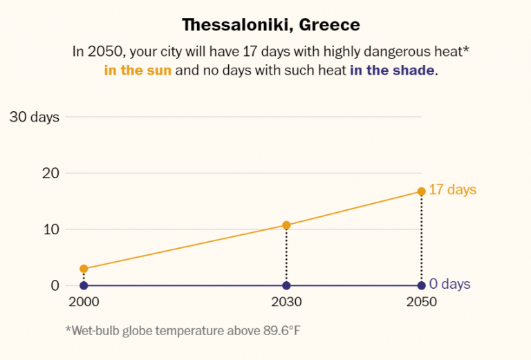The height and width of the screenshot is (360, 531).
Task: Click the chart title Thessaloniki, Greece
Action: coord(271,25)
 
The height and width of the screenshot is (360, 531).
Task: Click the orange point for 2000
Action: coord(84,269)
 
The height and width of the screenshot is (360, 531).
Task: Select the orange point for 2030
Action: coord(286,225)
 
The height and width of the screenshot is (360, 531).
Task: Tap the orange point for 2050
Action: coord(421,191)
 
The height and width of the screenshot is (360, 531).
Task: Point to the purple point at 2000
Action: coord(84,285)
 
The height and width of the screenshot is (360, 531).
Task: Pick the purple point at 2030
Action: coord(286,285)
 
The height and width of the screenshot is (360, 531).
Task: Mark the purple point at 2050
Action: coord(421,285)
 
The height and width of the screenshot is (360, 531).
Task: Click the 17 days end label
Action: coord(453,189)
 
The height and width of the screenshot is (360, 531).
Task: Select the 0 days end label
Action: coord(449,284)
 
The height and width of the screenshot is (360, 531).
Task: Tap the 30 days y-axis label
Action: coord(34,117)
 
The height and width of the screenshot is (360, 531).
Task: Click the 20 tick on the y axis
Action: coord(49,173)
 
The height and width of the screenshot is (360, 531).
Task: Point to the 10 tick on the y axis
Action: coord(49,229)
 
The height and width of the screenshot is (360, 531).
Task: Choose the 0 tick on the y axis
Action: coord(53,285)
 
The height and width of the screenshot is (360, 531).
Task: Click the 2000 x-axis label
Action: coord(83,303)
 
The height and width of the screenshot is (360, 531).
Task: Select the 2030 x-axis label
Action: coord(286,303)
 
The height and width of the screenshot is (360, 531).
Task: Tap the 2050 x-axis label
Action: coord(421,303)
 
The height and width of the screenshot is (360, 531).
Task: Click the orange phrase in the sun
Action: coord(138,70)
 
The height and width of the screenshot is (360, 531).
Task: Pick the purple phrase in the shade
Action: coord(393,70)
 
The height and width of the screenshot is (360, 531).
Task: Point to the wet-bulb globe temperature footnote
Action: coord(183,330)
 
